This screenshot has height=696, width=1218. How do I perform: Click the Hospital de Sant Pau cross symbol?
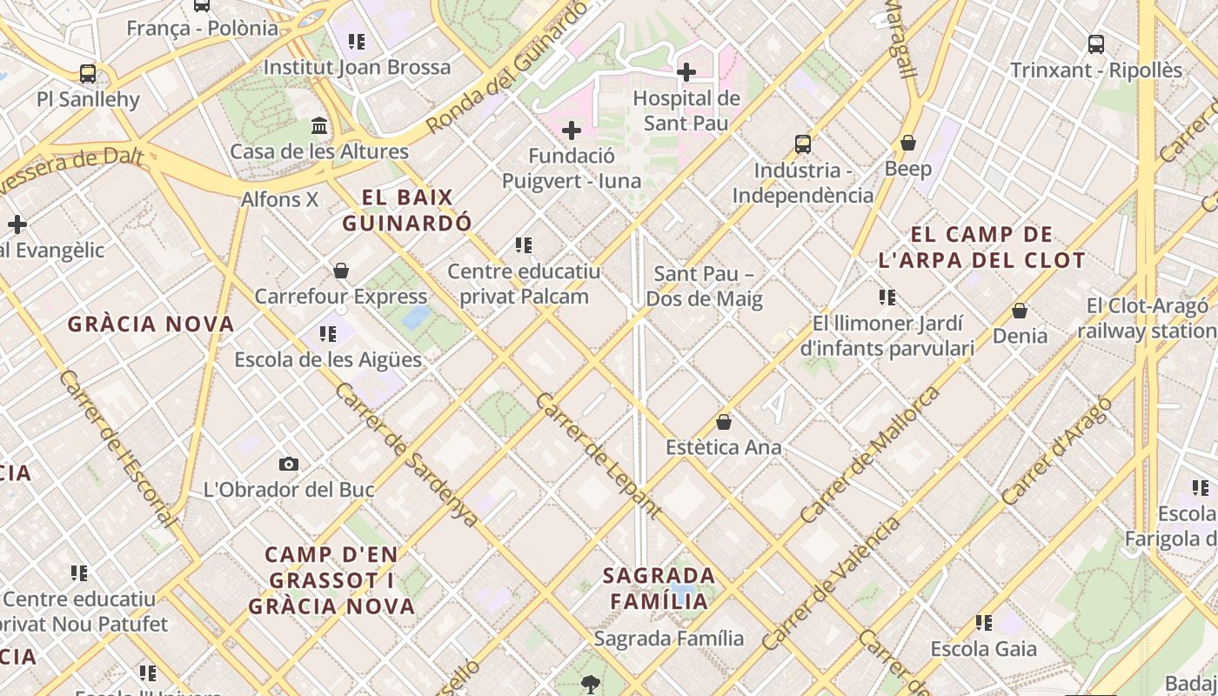(686, 71)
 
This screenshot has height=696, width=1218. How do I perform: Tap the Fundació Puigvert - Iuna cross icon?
(571, 130)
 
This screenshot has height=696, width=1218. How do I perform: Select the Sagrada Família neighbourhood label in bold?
(659, 588)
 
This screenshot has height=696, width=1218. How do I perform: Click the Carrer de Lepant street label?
(598, 456)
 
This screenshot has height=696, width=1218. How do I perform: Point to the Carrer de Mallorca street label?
(871, 455)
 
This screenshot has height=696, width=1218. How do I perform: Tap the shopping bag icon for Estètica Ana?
(723, 422)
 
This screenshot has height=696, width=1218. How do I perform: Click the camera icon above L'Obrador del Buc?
(289, 464)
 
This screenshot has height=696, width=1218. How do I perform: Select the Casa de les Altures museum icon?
(319, 126)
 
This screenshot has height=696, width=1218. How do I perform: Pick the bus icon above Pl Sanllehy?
(87, 73)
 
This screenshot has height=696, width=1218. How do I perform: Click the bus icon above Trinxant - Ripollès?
(1096, 43)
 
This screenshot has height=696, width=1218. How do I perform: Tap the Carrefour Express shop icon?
(341, 271)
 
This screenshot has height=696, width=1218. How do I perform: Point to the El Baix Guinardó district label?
(407, 210)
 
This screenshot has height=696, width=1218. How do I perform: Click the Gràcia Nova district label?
(151, 325)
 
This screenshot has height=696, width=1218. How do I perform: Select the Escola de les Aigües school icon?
(328, 333)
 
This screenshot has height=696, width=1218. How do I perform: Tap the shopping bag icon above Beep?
(908, 142)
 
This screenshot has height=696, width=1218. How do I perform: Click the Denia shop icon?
(1020, 311)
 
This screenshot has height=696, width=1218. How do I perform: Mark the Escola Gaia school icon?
(984, 622)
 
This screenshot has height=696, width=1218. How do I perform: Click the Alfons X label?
(280, 199)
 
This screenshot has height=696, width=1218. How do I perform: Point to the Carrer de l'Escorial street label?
(117, 449)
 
